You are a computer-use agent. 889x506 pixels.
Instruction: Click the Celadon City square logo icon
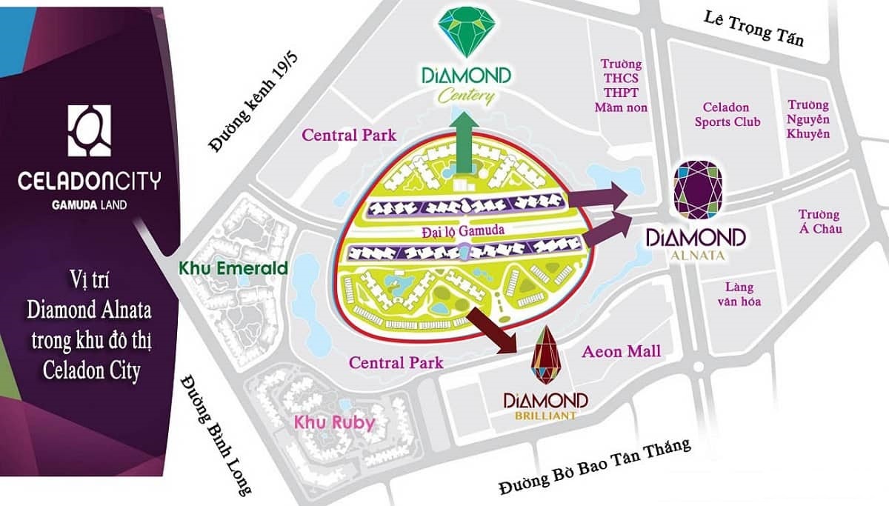pos(89,130)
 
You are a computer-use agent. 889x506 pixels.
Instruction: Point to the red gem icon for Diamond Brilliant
pos(546,356)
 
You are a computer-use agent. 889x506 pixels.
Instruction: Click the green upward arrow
pos(465,146)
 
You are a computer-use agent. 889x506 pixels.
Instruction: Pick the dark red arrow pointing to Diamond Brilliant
pos(498,328)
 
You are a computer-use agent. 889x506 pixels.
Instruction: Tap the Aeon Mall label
pos(622,351)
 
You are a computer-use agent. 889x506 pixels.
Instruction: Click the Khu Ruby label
pos(334,423)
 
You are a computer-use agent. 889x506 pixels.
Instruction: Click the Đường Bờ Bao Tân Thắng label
pos(594,467)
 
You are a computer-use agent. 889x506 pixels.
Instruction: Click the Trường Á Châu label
pos(819,222)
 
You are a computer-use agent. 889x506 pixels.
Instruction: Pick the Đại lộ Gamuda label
pos(460,231)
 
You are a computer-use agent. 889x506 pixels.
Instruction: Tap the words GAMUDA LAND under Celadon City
pos(89,203)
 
